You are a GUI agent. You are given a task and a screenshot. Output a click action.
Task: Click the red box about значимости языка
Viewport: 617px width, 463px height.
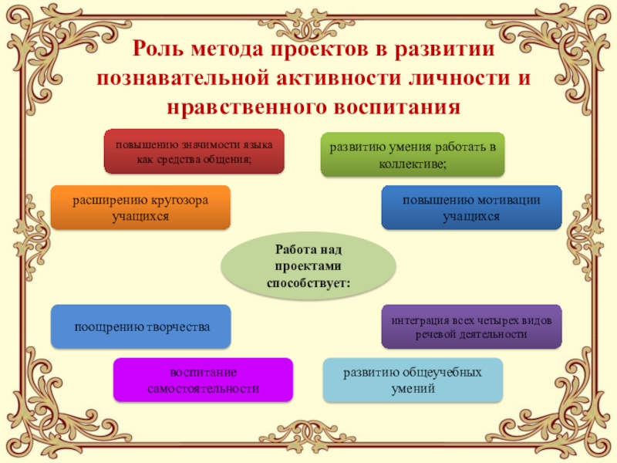tap(194, 151)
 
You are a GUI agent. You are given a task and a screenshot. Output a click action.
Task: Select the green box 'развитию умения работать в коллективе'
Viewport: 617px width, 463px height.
tap(413, 154)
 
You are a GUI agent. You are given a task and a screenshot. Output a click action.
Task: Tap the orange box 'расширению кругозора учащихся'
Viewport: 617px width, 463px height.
tap(140, 208)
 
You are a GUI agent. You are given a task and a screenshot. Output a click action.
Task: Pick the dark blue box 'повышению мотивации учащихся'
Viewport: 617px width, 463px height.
tap(471, 208)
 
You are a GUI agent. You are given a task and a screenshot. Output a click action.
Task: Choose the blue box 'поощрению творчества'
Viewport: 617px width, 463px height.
tap(141, 326)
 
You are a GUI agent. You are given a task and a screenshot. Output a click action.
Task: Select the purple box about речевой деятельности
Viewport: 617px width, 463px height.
tap(471, 326)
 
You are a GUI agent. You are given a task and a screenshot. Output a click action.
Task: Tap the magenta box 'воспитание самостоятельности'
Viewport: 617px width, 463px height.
tap(203, 380)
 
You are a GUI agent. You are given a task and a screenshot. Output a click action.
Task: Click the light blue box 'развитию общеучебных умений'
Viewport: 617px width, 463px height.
tap(413, 380)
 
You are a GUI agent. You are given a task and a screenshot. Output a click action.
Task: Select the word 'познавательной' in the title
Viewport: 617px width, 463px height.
tap(175, 78)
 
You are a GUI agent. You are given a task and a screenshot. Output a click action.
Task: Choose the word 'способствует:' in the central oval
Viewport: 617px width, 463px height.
tap(308, 283)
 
